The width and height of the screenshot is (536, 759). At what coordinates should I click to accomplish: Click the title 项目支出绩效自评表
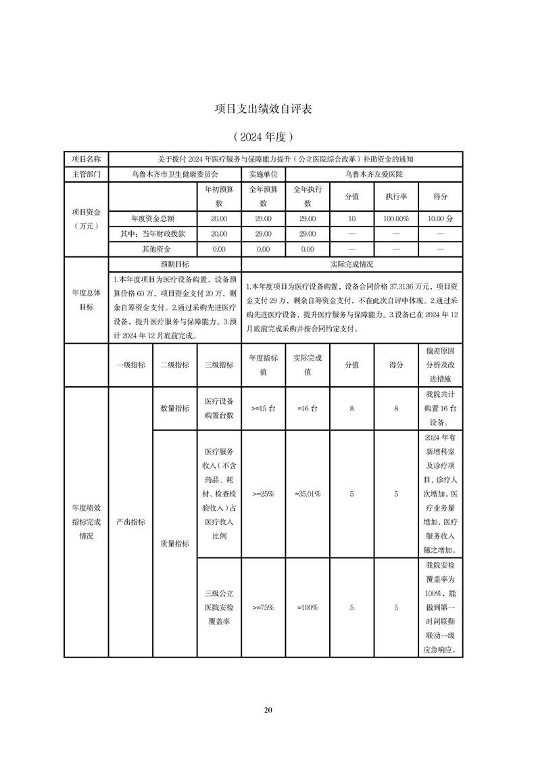pyautogui.click(x=267, y=108)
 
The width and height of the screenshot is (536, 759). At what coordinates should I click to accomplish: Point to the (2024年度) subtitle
pyautogui.click(x=267, y=136)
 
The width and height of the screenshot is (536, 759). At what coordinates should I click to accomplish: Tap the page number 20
pyautogui.click(x=268, y=710)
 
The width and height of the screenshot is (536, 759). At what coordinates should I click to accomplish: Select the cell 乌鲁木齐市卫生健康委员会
pyautogui.click(x=174, y=174)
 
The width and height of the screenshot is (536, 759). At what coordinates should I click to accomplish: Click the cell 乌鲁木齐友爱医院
pyautogui.click(x=374, y=174)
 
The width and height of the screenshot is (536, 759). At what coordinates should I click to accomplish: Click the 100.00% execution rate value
pyautogui.click(x=395, y=218)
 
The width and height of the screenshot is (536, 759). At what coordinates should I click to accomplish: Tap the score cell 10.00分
pyautogui.click(x=440, y=218)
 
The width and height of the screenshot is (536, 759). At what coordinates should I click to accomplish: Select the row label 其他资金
pyautogui.click(x=153, y=249)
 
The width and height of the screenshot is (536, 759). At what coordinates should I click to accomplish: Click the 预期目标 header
pyautogui.click(x=174, y=264)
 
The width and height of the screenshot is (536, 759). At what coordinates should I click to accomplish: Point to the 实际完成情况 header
pyautogui.click(x=351, y=264)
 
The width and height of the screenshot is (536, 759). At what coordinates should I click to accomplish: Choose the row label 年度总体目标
pyautogui.click(x=86, y=300)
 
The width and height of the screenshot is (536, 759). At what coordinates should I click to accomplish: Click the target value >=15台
pyautogui.click(x=263, y=409)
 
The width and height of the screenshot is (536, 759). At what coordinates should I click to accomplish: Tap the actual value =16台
pyautogui.click(x=308, y=409)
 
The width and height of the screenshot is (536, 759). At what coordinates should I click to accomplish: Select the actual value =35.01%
pyautogui.click(x=308, y=495)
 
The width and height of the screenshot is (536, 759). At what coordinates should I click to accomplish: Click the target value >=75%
pyautogui.click(x=263, y=607)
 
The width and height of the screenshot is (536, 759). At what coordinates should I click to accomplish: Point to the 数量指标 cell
pyautogui.click(x=174, y=409)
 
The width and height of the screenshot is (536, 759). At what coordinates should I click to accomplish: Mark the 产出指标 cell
pyautogui.click(x=130, y=522)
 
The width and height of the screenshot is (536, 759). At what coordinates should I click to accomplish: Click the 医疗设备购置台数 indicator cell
pyautogui.click(x=219, y=409)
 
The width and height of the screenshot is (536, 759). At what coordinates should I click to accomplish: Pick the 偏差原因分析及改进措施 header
pyautogui.click(x=440, y=365)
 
